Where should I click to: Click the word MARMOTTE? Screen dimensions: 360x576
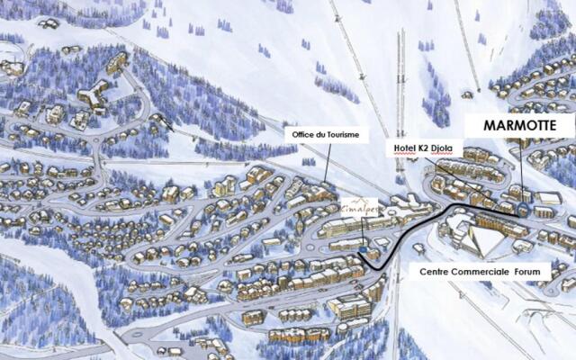(x=519, y=126)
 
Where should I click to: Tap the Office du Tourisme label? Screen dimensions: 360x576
(x=325, y=135)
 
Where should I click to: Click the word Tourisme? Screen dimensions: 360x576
(x=343, y=135)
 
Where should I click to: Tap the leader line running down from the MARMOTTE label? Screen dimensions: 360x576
(x=521, y=171)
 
